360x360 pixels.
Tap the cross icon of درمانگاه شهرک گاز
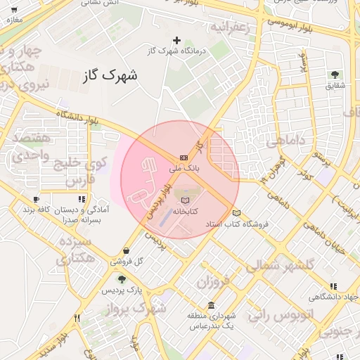[176, 40]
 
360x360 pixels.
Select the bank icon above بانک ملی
[184, 157]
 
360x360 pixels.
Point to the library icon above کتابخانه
[185, 200]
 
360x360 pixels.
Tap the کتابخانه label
[185, 211]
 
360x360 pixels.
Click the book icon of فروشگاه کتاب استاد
[236, 213]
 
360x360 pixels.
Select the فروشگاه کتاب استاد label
[241, 224]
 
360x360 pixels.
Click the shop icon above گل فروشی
[126, 250]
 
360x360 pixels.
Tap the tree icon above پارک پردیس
[122, 279]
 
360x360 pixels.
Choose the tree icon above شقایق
[334, 75]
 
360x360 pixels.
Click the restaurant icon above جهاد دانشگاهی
[333, 285]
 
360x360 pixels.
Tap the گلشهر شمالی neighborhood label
[276, 266]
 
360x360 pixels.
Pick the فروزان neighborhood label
[213, 283]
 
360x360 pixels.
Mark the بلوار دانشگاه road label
[69, 116]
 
